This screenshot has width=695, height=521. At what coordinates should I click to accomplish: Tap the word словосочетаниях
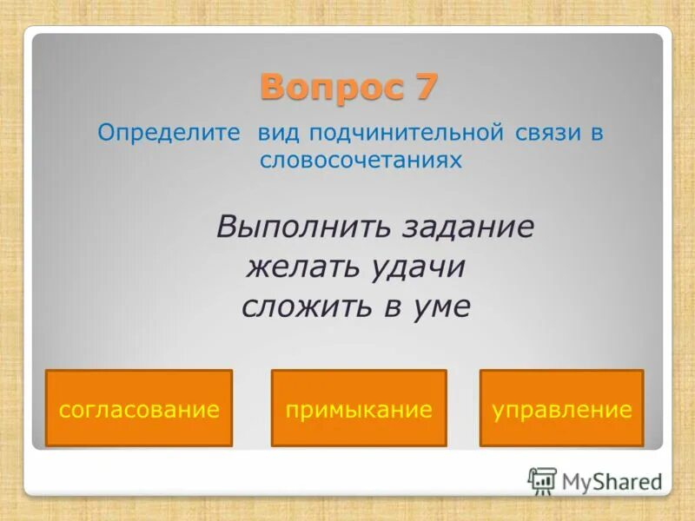(x=360, y=161)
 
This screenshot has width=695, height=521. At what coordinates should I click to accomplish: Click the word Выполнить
(x=303, y=228)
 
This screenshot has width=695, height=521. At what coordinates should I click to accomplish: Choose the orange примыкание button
(x=359, y=409)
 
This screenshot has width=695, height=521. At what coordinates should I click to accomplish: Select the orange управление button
(x=561, y=409)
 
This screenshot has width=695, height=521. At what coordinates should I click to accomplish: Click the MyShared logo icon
(x=542, y=480)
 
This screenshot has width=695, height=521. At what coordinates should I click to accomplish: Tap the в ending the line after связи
(x=597, y=135)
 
